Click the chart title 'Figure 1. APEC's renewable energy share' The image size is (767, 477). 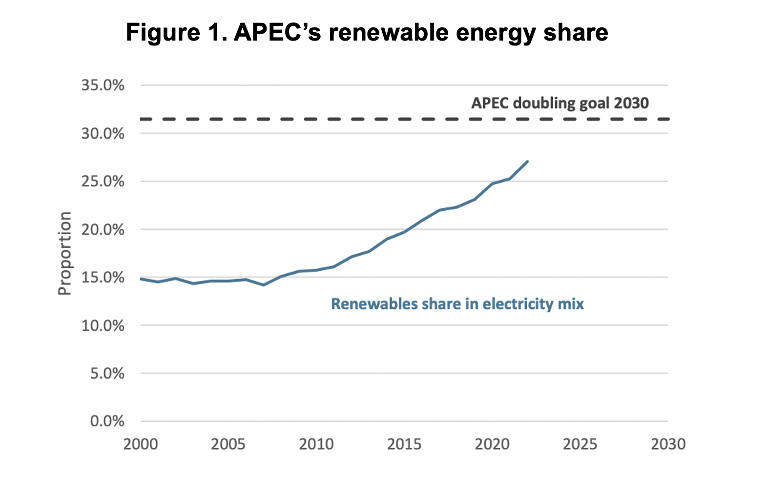point(367,33)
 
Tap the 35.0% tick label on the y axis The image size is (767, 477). point(103,86)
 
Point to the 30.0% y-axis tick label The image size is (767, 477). point(103,133)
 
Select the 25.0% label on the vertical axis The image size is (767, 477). point(103,181)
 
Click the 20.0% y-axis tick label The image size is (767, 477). point(103,230)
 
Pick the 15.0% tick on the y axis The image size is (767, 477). point(103,278)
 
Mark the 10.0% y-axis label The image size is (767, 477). point(103,325)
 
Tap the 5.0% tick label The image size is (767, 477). point(107,373)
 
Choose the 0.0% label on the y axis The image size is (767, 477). point(107,421)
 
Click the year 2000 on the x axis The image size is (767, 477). point(141,444)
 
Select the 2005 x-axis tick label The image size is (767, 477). point(228,444)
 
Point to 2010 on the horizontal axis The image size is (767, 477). point(316,444)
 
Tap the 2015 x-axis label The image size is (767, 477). point(404,444)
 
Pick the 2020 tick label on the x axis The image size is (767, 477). point(492,444)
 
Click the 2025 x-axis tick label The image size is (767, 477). point(580,444)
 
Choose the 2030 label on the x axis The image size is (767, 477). point(668,444)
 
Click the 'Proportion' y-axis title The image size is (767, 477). point(64,253)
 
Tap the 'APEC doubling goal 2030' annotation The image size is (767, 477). point(560,103)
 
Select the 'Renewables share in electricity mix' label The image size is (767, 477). point(457,304)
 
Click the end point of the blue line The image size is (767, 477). point(527,161)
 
